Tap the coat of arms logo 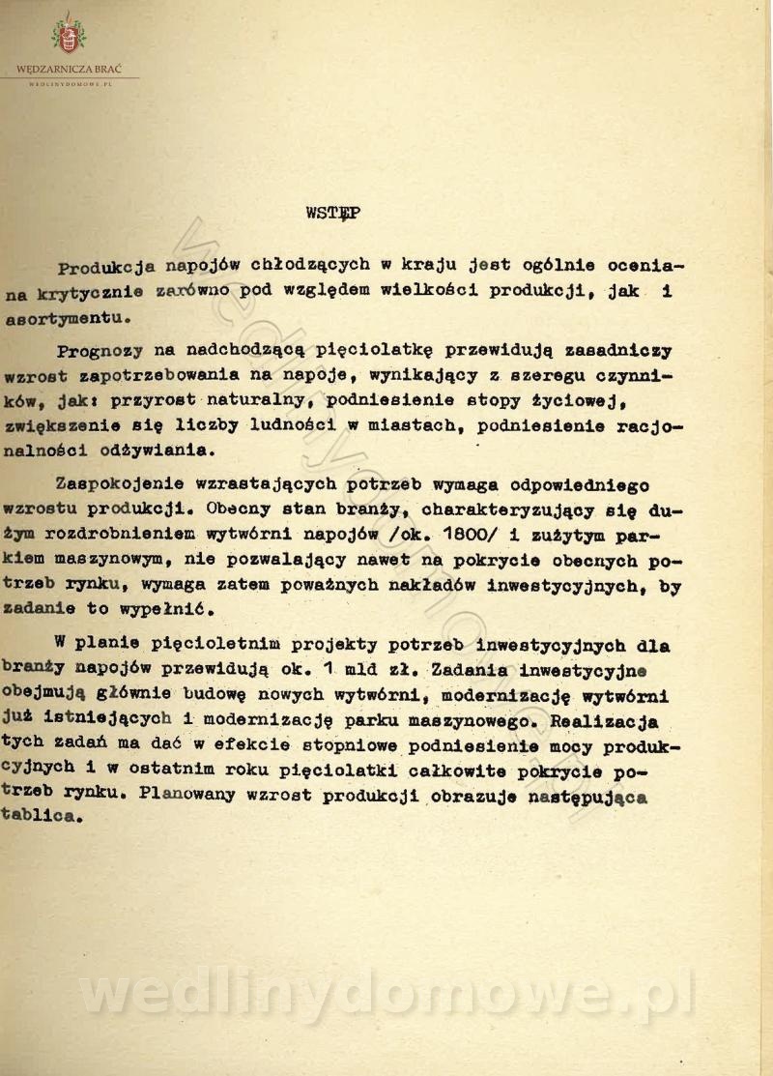pos(68,36)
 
